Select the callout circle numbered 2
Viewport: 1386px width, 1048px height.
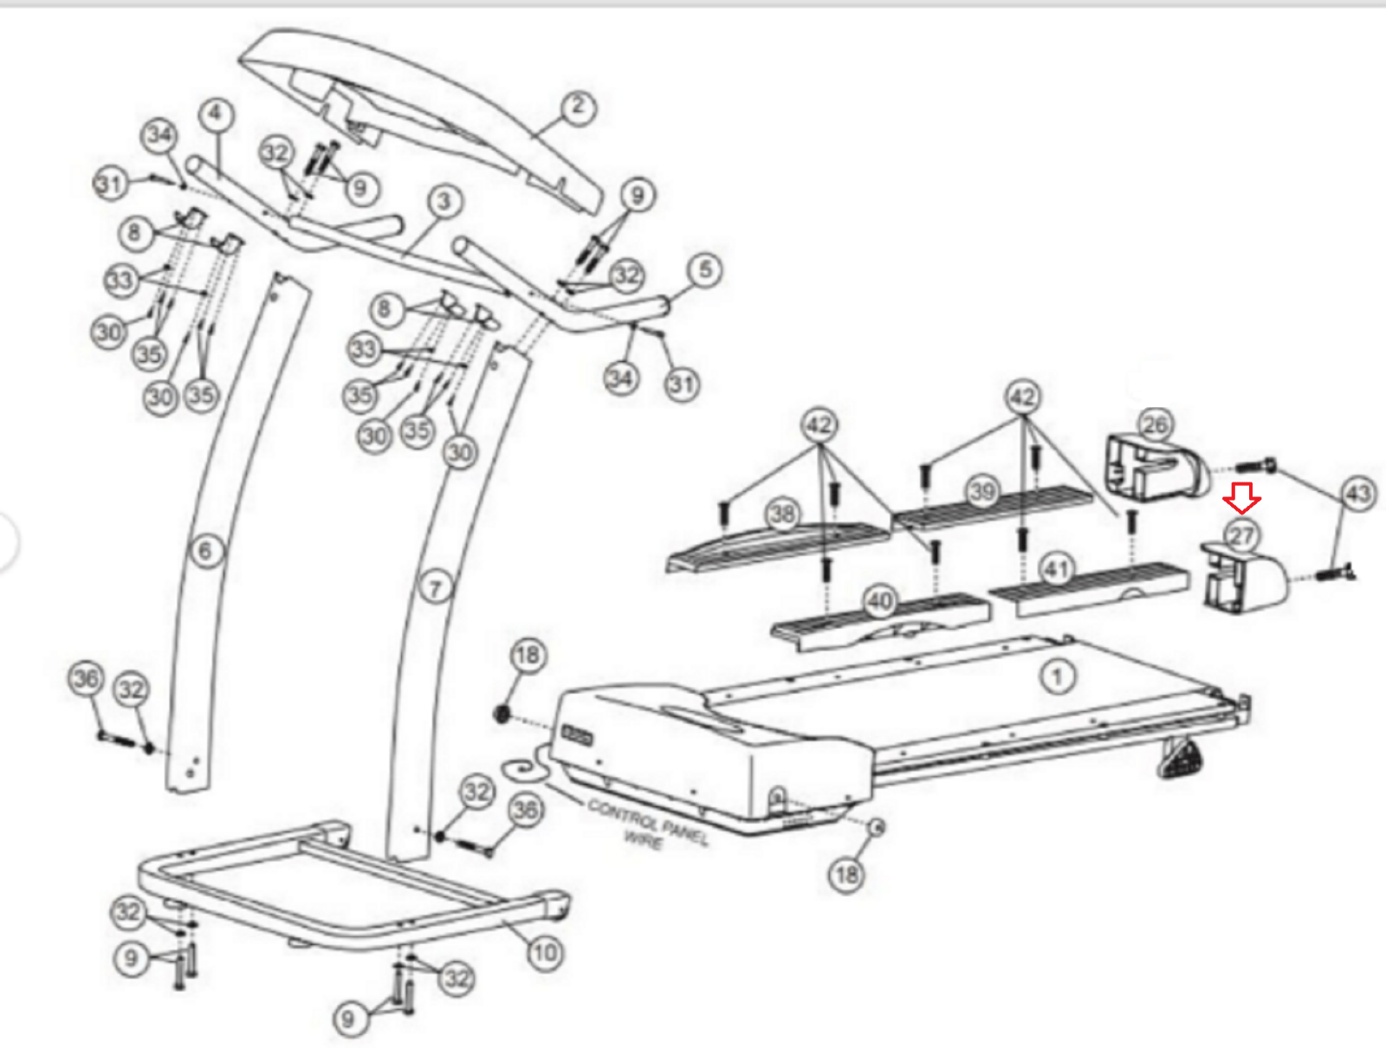[x=578, y=107]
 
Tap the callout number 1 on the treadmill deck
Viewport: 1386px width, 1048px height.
[x=1057, y=676]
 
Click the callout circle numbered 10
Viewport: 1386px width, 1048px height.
[x=545, y=954]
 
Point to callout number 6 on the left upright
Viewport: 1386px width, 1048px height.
[x=205, y=551]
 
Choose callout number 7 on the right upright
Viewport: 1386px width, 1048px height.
[x=436, y=589]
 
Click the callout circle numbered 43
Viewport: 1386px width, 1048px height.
[x=1357, y=494]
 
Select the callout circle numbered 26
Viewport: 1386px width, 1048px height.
[x=1155, y=424]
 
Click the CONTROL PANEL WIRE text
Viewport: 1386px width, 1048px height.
[x=648, y=824]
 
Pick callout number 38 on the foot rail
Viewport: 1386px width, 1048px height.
[x=783, y=514]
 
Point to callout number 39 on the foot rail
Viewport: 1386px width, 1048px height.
[x=982, y=491]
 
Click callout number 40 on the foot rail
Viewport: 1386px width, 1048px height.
[x=880, y=600]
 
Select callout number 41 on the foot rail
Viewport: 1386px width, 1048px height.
[x=1055, y=570]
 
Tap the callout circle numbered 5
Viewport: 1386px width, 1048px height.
[x=705, y=269]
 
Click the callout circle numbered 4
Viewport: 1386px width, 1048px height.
[x=216, y=114]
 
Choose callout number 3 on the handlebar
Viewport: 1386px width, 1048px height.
[x=444, y=202]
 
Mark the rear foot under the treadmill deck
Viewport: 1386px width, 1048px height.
[x=1180, y=760]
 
